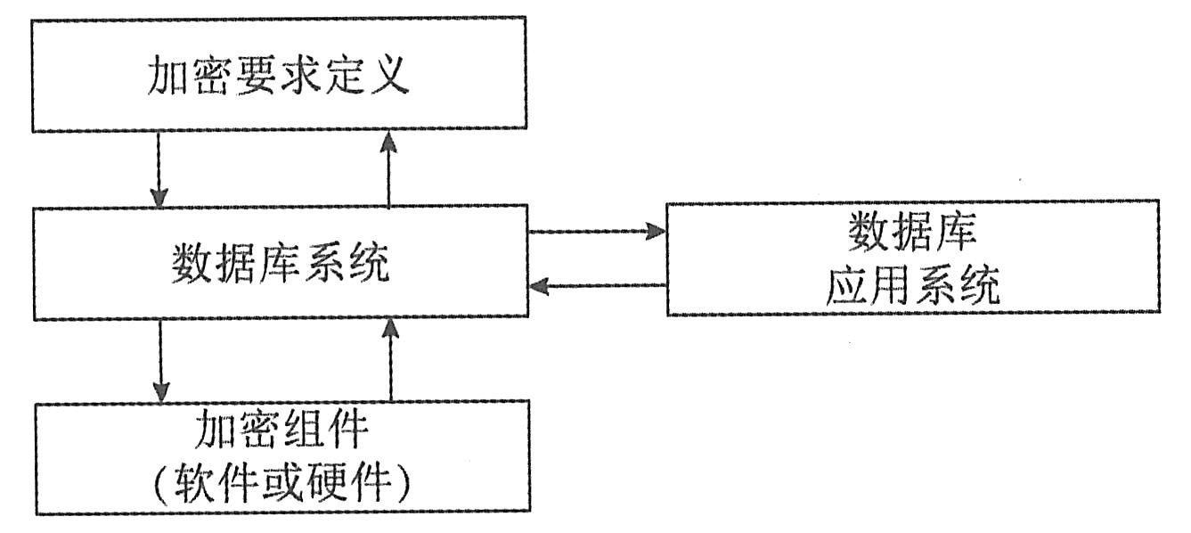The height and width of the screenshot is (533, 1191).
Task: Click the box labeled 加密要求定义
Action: tap(279, 74)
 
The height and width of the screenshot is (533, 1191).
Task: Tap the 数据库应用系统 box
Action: tap(913, 258)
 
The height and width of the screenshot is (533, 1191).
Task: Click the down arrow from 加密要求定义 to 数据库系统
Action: tap(160, 169)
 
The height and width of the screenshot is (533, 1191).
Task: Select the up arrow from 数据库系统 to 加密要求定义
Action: tap(389, 169)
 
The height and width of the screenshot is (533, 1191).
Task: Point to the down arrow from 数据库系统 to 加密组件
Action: tap(160, 360)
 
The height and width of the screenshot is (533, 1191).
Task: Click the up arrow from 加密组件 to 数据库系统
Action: tap(389, 360)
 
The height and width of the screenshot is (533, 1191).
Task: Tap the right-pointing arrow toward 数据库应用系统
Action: tap(597, 231)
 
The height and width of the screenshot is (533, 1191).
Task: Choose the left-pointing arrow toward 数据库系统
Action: tap(597, 286)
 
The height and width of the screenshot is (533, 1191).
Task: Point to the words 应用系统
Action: tap(912, 289)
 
